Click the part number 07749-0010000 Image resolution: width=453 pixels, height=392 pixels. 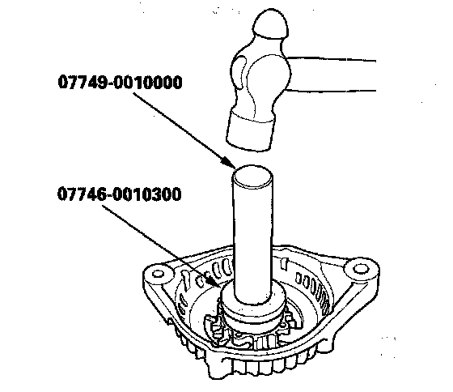click(x=121, y=82)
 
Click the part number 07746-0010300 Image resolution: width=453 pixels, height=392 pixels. click(x=120, y=194)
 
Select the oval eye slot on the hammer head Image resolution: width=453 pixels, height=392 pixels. click(x=239, y=72)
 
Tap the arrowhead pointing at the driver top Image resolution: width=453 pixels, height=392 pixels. click(x=229, y=163)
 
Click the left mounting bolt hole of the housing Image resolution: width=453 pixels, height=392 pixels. click(x=159, y=274)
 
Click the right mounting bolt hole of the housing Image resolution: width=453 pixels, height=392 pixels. click(x=359, y=269)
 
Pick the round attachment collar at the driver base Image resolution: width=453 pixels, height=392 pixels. click(x=253, y=304)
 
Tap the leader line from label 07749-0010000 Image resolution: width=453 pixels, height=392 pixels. click(x=181, y=128)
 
